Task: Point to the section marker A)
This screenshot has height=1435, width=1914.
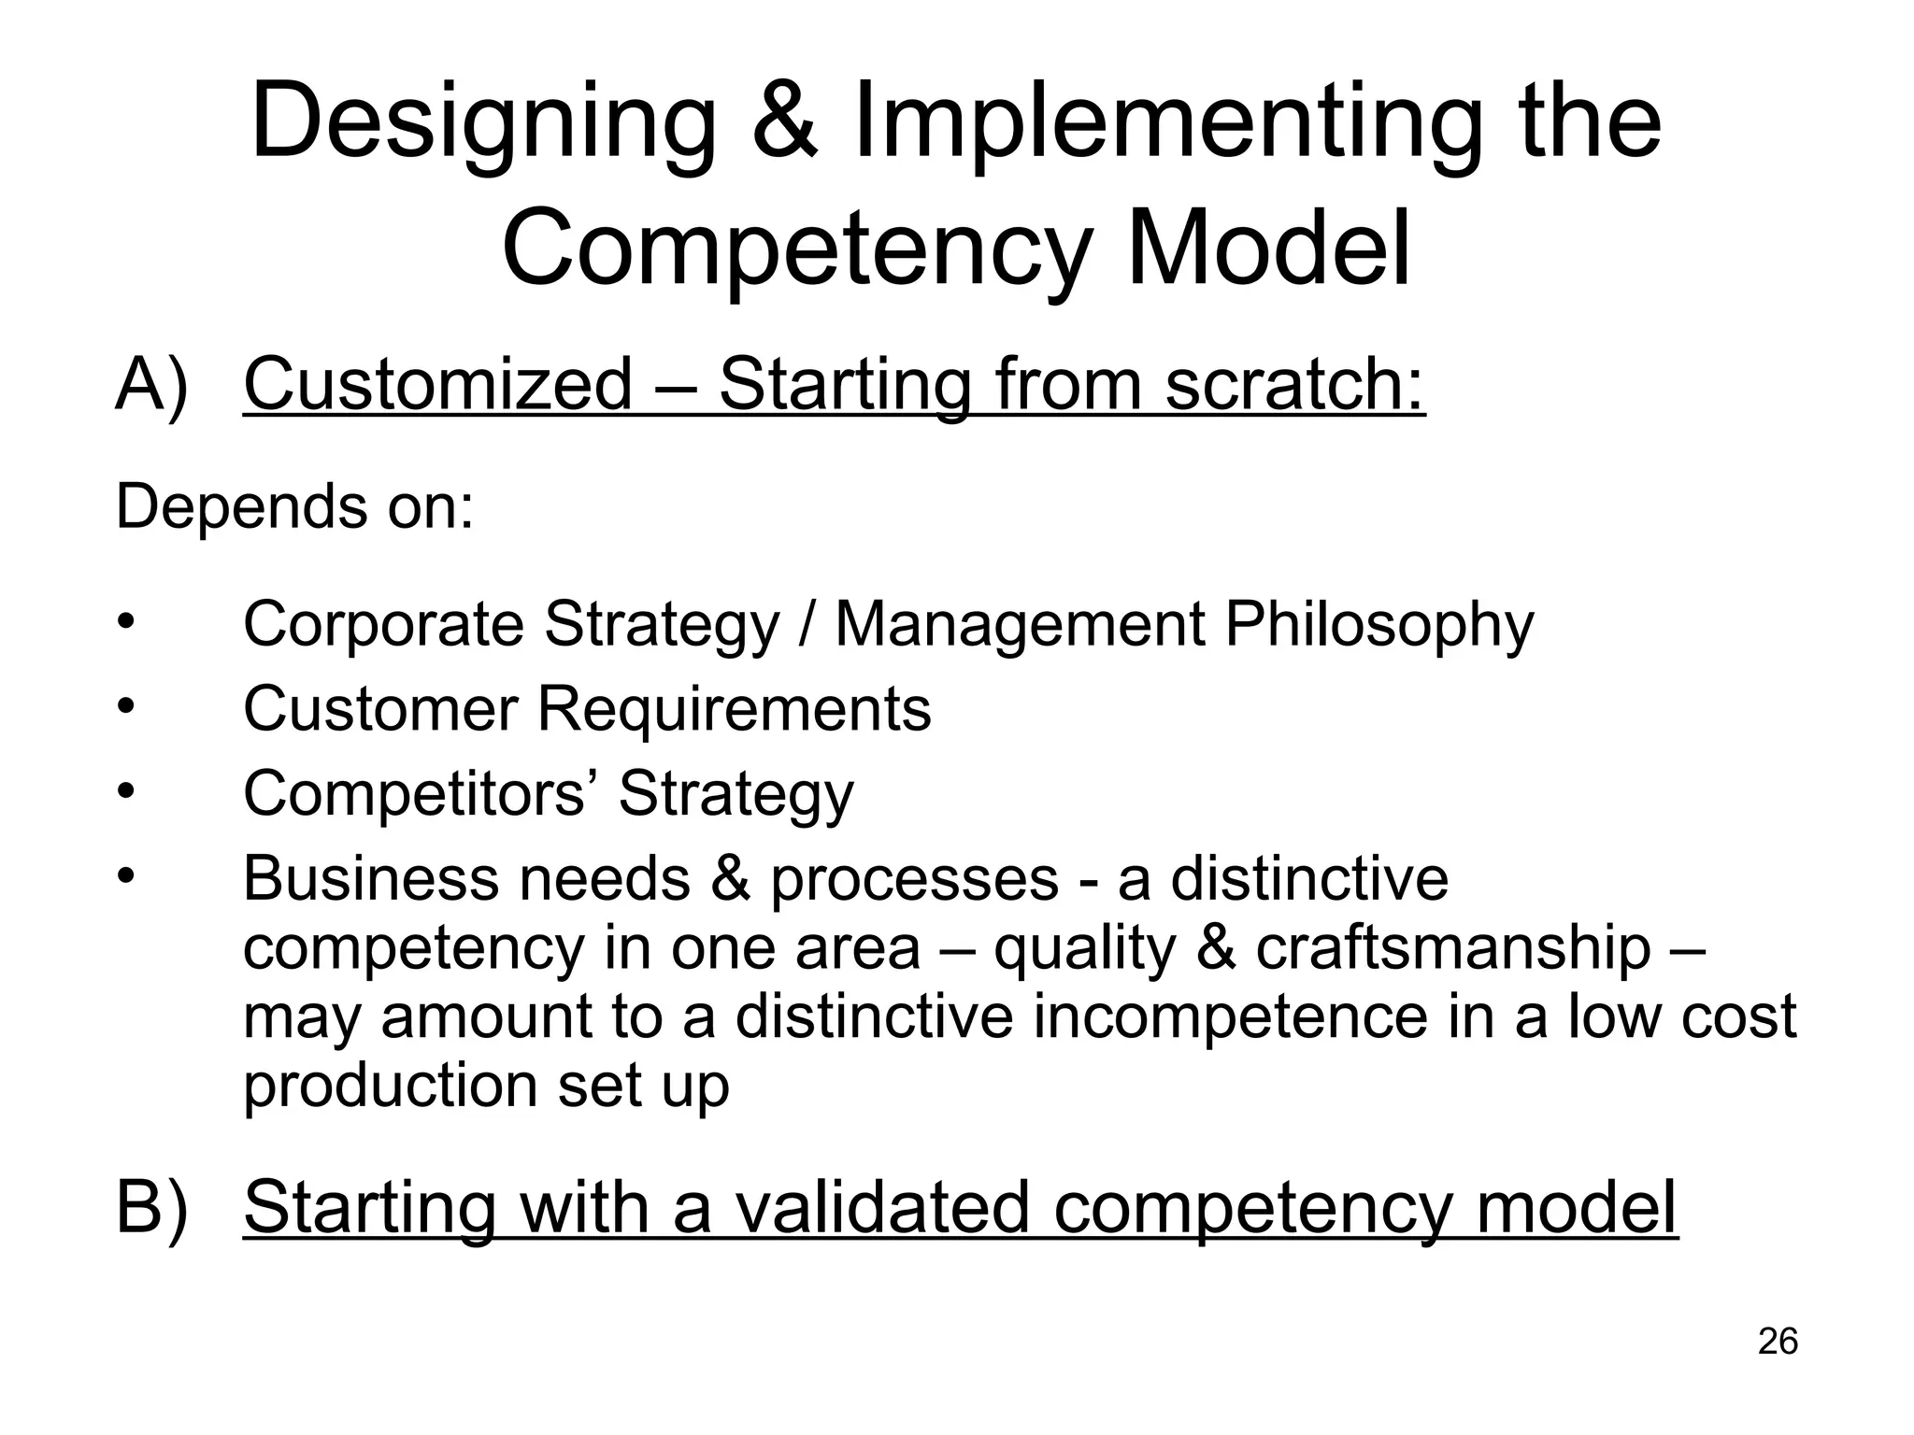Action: click(x=151, y=385)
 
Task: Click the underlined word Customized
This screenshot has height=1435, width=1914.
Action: click(x=438, y=383)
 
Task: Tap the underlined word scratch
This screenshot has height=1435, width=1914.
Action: click(x=1295, y=383)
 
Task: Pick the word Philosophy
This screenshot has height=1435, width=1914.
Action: click(x=1378, y=624)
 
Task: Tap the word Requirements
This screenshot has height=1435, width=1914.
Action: click(x=734, y=709)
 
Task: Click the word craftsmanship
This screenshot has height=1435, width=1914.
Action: click(x=1452, y=948)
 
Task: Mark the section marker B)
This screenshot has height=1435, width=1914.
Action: click(x=151, y=1207)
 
